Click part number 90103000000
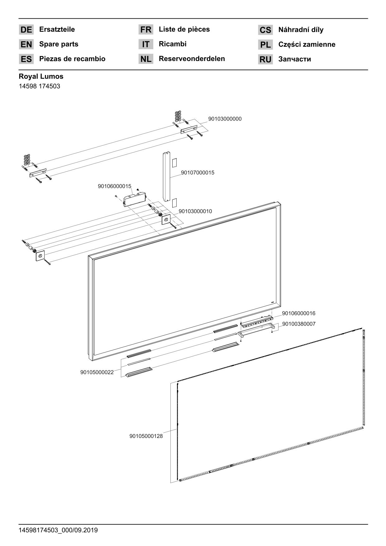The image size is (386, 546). [x=225, y=119]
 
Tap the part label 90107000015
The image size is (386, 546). [x=198, y=173]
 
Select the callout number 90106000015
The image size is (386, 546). [x=114, y=186]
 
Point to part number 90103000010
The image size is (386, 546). [x=195, y=211]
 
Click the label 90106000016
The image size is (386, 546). [x=298, y=313]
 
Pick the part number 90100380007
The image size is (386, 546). [x=299, y=324]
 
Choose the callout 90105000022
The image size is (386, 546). [x=97, y=372]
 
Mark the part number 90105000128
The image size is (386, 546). [x=146, y=436]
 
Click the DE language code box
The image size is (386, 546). [x=26, y=30]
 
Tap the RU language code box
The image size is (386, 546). [x=265, y=59]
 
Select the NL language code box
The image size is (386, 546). [x=145, y=59]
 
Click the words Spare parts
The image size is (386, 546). [x=59, y=44]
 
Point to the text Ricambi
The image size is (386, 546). [x=173, y=44]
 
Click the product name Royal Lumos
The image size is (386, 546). [x=41, y=77]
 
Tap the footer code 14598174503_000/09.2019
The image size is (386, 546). [x=58, y=530]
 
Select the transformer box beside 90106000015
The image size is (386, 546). [x=135, y=199]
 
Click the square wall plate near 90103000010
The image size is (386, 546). [x=166, y=220]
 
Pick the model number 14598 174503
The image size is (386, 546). [x=39, y=86]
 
